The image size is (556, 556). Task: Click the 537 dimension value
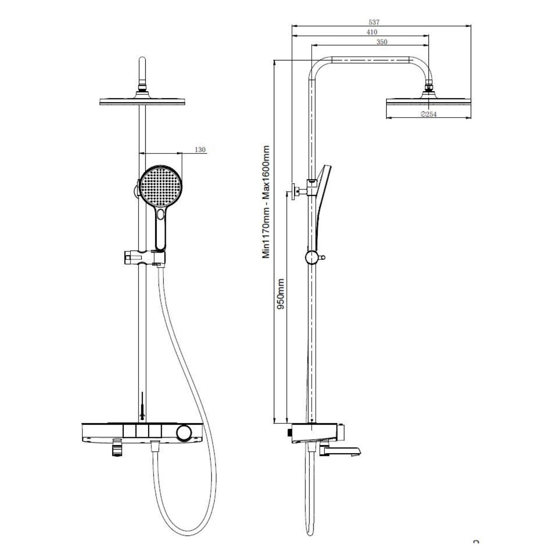tap(374, 23)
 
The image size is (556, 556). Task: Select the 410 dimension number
tap(372, 32)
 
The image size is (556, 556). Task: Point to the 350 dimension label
tap(382, 42)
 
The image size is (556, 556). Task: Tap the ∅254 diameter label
tap(428, 115)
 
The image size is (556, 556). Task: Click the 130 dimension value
tap(200, 150)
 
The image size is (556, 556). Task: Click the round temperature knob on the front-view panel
tap(184, 433)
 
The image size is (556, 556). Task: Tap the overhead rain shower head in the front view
tap(142, 101)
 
